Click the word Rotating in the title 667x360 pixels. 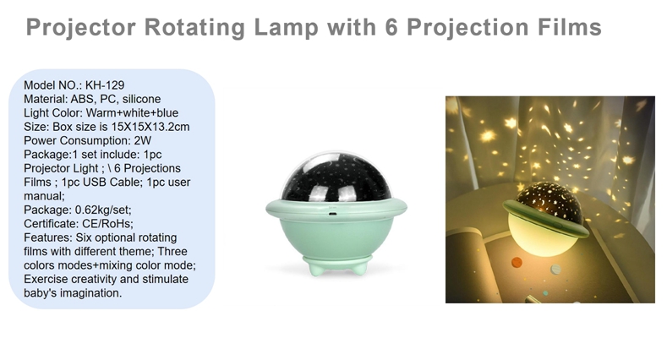coord(194,28)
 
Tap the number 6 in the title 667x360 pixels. coord(391,27)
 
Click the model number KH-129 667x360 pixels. coord(105,85)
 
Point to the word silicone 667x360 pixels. coord(142,99)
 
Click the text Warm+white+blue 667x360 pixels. coord(132,113)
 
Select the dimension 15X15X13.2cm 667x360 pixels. coord(150,127)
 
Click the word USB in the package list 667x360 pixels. coord(95,183)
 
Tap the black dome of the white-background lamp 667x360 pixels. coord(336,178)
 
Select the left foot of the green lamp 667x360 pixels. coord(315,268)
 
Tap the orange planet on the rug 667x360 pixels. coord(517,262)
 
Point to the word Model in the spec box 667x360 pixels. coord(40,85)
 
